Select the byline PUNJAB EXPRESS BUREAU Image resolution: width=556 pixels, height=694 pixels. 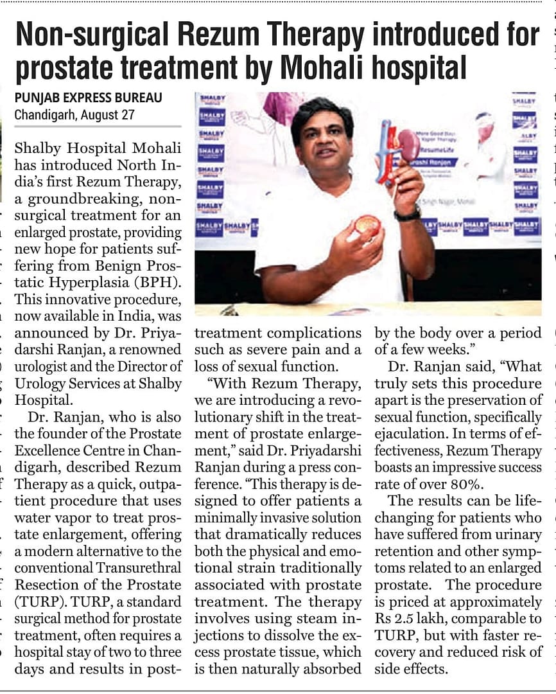coord(88,98)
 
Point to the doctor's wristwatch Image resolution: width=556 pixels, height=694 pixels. coord(407,214)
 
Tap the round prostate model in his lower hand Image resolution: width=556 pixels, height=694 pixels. coord(367,224)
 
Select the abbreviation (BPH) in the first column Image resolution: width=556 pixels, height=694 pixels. coord(159,282)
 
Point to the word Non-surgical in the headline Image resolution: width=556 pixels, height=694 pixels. coord(90,33)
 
